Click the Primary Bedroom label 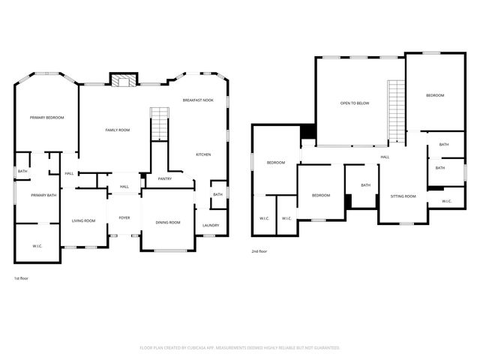click(x=46, y=118)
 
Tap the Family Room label click(x=117, y=130)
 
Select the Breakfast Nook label click(x=198, y=100)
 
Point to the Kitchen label click(x=203, y=154)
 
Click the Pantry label click(x=165, y=178)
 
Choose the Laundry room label click(x=211, y=226)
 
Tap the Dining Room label click(x=168, y=222)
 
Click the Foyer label click(x=124, y=217)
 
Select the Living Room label click(x=83, y=220)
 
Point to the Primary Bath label click(x=43, y=195)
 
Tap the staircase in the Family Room click(x=160, y=124)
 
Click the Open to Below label click(x=355, y=103)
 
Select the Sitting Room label click(x=403, y=196)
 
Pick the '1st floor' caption click(x=21, y=278)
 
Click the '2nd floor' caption click(x=259, y=251)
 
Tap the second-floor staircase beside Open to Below click(x=395, y=109)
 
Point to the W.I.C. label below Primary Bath click(x=37, y=246)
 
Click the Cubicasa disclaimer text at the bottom click(x=240, y=348)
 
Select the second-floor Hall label click(x=385, y=157)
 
